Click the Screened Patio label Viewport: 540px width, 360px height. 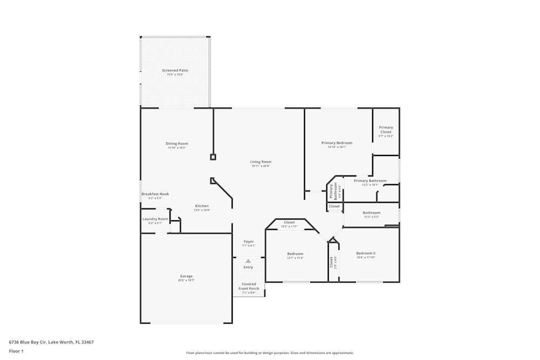(175, 70)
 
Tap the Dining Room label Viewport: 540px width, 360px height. (177, 144)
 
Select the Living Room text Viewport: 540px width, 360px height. (260, 161)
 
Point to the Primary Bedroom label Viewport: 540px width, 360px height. (336, 143)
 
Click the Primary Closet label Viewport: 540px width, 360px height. (386, 130)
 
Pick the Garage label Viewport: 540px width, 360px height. (186, 276)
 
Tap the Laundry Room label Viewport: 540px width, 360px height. (155, 219)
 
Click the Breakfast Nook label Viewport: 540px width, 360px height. (155, 194)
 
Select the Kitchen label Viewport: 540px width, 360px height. (201, 206)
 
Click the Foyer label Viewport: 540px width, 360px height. (248, 242)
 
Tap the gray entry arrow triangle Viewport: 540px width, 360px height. (248, 261)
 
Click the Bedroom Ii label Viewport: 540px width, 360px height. (366, 253)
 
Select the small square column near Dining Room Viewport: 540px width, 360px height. (213, 157)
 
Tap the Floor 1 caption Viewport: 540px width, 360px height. (16, 351)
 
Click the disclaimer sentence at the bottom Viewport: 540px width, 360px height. (269, 353)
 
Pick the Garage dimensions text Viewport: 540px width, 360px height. (186, 281)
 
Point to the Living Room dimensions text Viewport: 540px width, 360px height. (260, 166)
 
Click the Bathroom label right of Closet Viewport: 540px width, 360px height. (371, 213)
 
